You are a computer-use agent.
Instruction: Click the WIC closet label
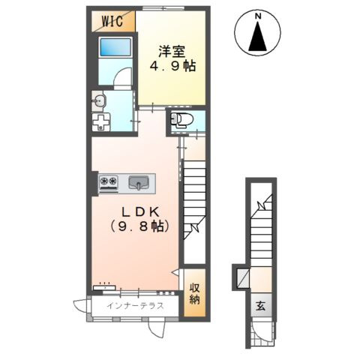[x=112, y=21]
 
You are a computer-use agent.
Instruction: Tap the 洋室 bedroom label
[x=172, y=52]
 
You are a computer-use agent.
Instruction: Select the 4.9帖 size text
[x=172, y=66]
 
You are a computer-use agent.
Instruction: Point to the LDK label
[x=140, y=212]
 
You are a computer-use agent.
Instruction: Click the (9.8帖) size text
[x=139, y=226]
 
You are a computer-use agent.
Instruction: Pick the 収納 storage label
[x=194, y=294]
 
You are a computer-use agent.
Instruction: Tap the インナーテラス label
[x=135, y=305]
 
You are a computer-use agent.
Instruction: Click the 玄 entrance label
[x=260, y=306]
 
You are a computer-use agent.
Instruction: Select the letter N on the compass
[x=258, y=16]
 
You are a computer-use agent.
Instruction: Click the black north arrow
[x=258, y=36]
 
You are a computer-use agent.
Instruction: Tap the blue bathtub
[x=115, y=47]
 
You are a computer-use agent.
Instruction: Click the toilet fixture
[x=181, y=118]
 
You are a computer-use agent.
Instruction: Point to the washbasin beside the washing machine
[x=99, y=101]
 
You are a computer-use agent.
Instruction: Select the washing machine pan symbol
[x=101, y=122]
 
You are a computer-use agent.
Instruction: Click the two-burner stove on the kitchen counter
[x=109, y=181]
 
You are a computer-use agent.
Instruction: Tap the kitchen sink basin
[x=139, y=182]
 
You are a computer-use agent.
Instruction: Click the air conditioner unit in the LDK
[x=104, y=287]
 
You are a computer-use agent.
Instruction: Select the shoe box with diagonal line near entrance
[x=243, y=278]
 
